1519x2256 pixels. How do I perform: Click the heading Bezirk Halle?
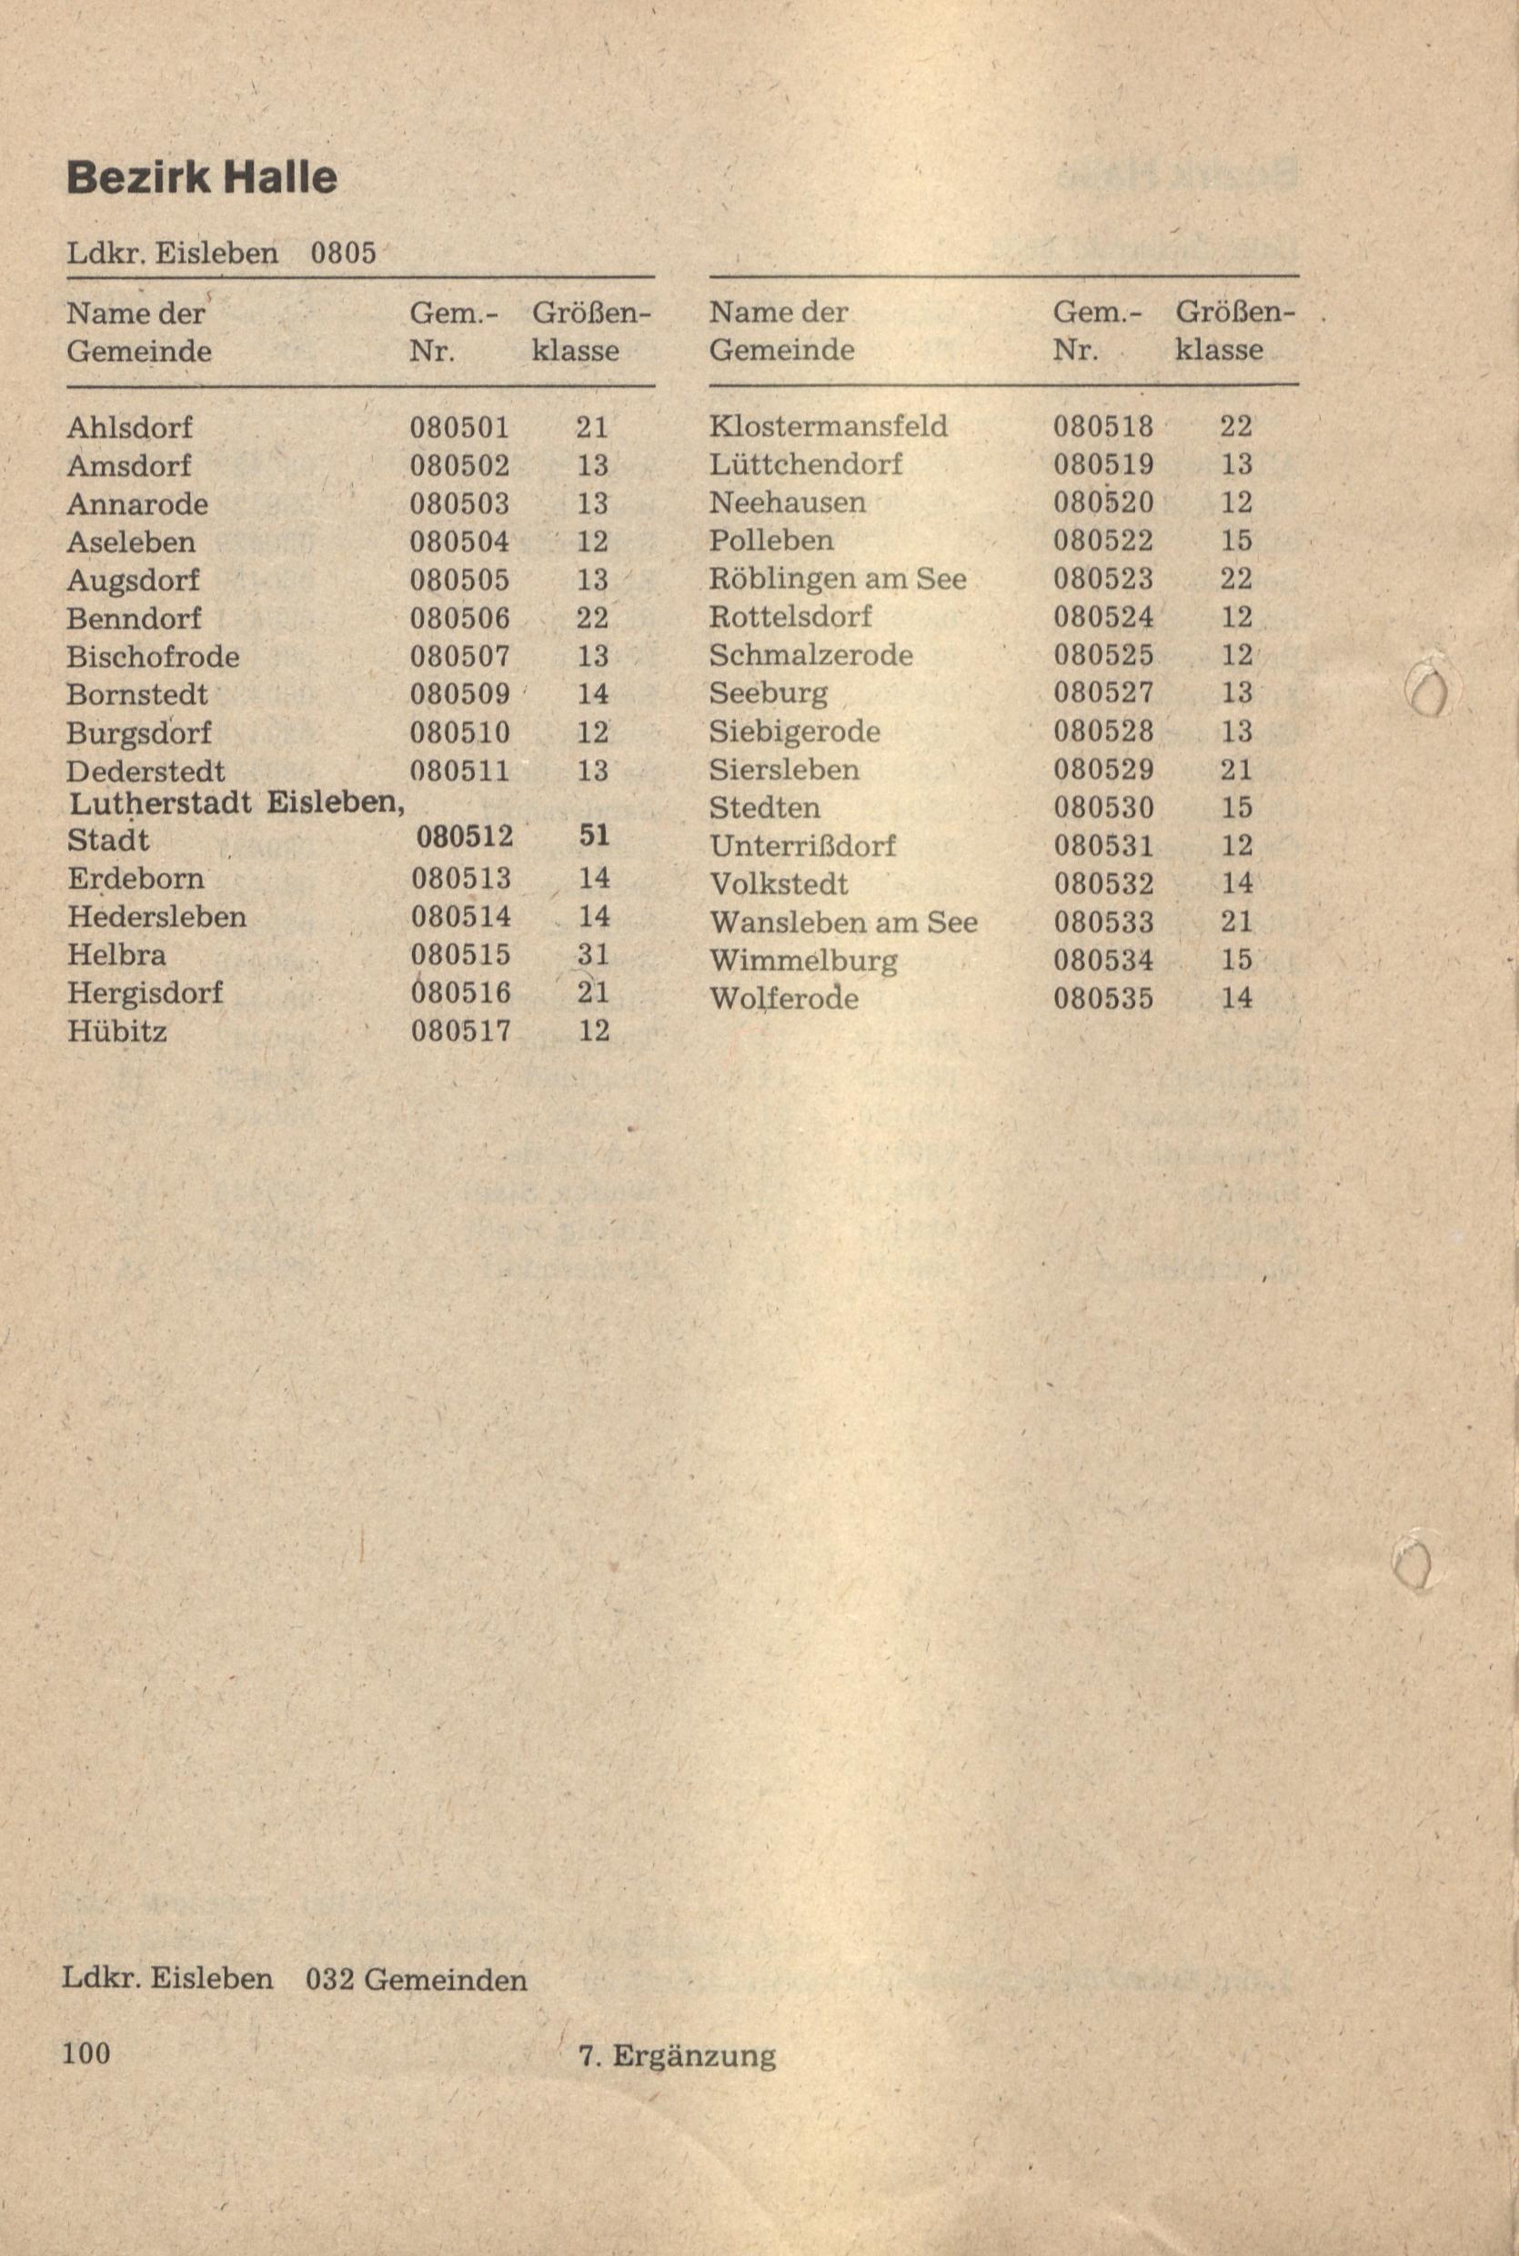[202, 178]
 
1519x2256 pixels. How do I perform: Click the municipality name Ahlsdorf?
[130, 428]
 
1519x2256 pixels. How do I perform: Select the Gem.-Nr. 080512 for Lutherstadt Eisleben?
[464, 836]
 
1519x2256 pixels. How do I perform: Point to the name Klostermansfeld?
[829, 427]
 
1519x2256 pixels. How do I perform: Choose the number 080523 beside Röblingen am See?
[1103, 579]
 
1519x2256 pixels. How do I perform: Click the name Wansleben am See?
[843, 922]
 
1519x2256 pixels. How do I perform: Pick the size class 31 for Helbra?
[593, 955]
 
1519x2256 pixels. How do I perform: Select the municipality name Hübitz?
[117, 1031]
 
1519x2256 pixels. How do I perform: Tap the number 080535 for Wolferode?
[1103, 998]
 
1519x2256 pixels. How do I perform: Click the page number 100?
[86, 2052]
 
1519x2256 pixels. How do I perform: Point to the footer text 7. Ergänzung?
[676, 2056]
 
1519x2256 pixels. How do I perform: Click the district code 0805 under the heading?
[343, 254]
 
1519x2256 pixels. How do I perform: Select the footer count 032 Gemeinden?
[417, 1978]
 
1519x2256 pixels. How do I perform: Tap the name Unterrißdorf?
[802, 846]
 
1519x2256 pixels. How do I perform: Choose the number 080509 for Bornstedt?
[460, 694]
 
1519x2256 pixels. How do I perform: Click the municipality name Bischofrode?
[153, 657]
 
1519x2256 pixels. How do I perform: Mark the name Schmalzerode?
[810, 656]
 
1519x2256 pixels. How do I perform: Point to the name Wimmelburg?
[803, 961]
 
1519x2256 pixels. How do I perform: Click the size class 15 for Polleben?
[1236, 540]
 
